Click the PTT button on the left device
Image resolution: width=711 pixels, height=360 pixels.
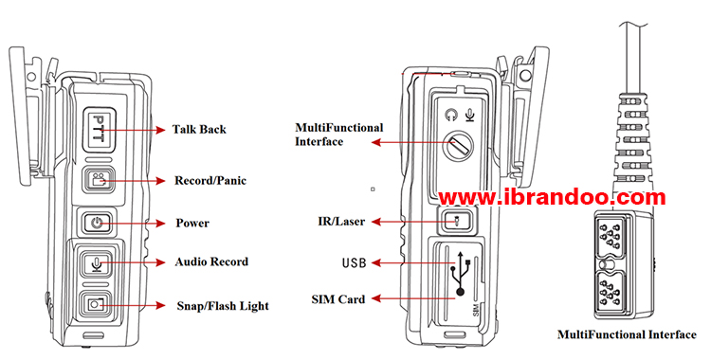pos(100,129)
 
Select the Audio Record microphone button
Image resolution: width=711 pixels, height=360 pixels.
pos(96,263)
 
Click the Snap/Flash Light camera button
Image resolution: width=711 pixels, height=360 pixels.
pos(94,304)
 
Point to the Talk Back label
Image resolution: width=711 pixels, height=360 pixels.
pos(199,129)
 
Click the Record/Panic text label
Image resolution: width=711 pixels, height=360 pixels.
pos(210,180)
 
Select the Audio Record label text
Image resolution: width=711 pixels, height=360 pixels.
pos(211,261)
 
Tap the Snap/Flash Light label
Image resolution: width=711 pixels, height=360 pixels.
pos(223,306)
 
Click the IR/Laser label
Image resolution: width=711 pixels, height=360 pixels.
pos(341,222)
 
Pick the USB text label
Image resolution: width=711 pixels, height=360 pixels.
pos(354,262)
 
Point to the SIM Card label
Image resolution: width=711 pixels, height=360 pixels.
pos(338,299)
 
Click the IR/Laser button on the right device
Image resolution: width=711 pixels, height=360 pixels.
pos(458,222)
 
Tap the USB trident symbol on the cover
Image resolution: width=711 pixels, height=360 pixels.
pos(460,274)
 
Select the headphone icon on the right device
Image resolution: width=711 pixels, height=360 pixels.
pos(451,116)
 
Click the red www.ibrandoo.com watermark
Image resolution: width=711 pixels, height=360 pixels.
pos(552,197)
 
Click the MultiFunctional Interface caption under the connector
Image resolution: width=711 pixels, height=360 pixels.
pos(627,334)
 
